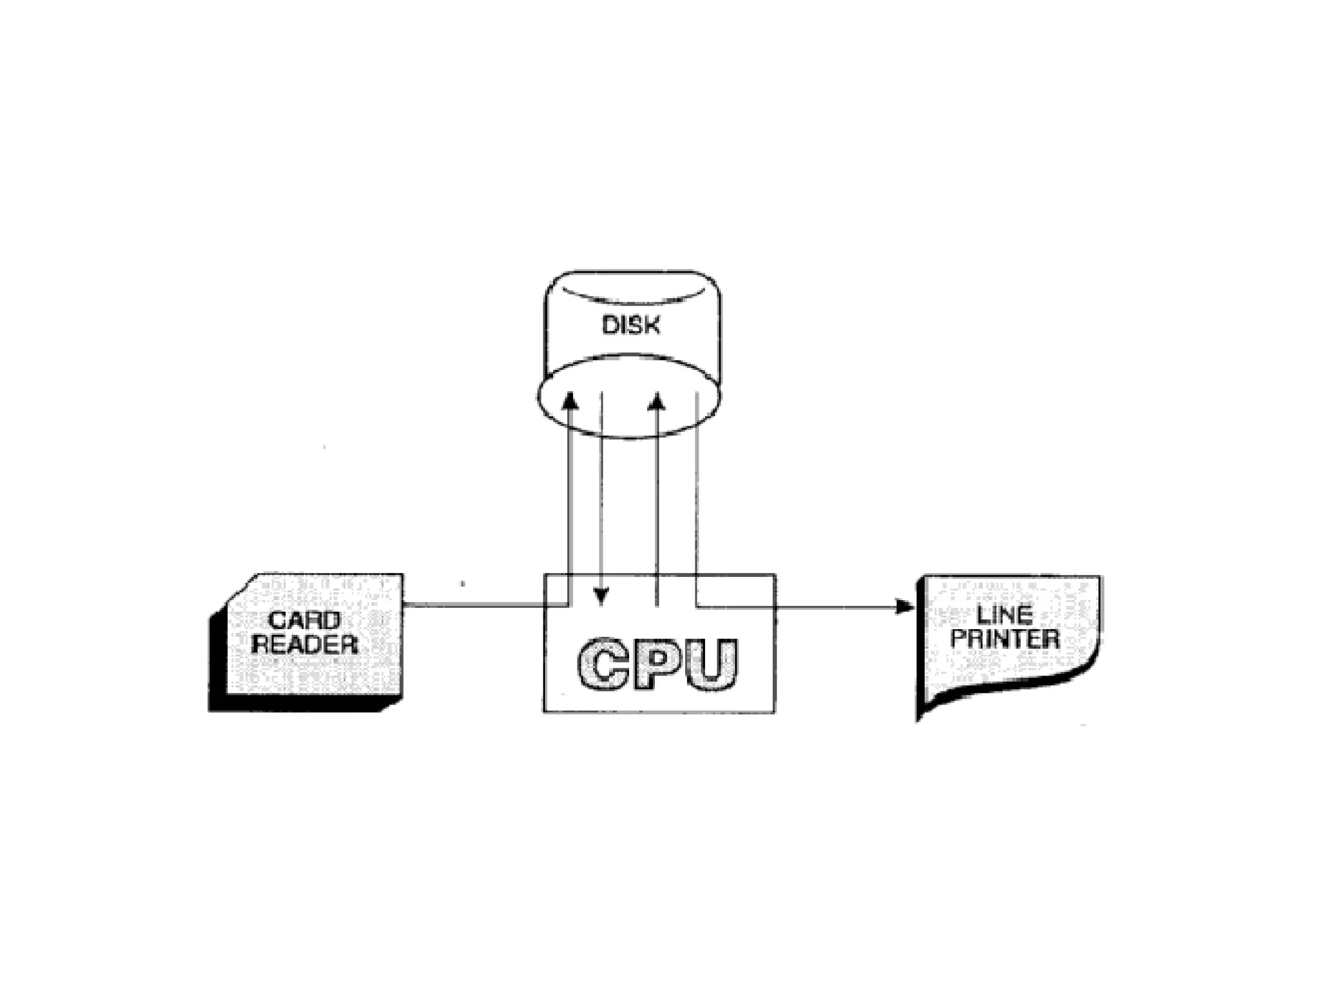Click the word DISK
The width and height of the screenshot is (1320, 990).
coord(631,325)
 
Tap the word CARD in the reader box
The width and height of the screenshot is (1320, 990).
coord(304,620)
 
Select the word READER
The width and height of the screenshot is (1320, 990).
coord(304,644)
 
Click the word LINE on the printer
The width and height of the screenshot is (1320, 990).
coord(1004,614)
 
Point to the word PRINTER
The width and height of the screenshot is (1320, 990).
coord(1005,639)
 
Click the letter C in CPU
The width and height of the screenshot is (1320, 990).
coord(603,664)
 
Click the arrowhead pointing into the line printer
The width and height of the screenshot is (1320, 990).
coord(905,607)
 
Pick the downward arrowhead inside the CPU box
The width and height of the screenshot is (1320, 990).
coord(601,596)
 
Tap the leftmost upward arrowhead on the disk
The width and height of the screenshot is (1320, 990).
coord(570,400)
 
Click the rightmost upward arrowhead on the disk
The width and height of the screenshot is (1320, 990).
coord(656,402)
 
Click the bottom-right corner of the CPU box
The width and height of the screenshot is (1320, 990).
coord(774,712)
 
